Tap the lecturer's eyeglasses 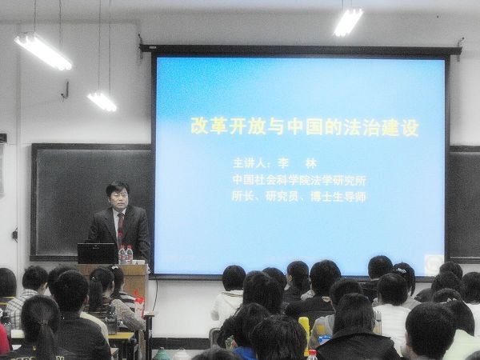[x=118, y=195]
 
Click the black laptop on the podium [x=98, y=253]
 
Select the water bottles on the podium [x=126, y=254]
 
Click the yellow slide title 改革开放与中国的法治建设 [x=304, y=126]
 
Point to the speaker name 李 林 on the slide [x=297, y=163]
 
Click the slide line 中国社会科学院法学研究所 [x=299, y=180]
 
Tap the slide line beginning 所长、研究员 [x=298, y=196]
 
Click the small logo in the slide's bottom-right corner [x=433, y=262]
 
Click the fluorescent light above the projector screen [x=348, y=22]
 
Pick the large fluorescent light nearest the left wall [x=43, y=51]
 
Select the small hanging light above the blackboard [x=102, y=102]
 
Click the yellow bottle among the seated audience [x=305, y=330]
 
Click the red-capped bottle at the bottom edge [x=312, y=355]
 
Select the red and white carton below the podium [x=139, y=306]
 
